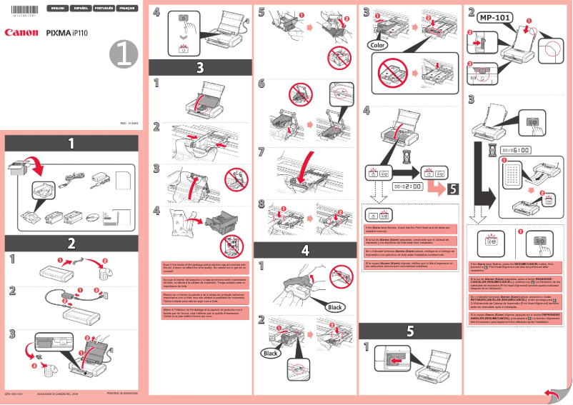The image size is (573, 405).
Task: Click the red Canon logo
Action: coord(21,32)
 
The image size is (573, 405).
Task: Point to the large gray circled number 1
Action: coord(123,54)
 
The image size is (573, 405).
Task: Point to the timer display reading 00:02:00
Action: coord(407,184)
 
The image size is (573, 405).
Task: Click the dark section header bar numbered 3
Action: coord(199,68)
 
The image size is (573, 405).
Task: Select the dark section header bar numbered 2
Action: coord(71,241)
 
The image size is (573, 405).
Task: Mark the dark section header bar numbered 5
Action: coord(409,331)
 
